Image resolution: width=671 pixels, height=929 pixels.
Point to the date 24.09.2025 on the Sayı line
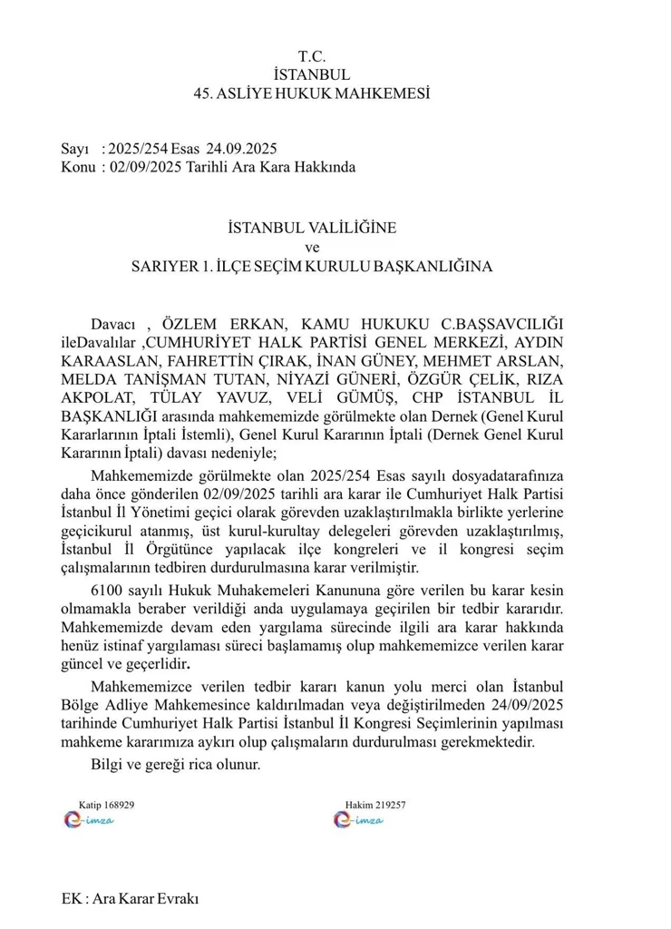[240, 149]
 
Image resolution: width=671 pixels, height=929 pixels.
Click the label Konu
[78, 167]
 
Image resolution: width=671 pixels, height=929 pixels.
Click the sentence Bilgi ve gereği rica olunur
[176, 764]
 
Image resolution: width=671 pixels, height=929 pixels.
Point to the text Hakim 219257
[375, 805]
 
